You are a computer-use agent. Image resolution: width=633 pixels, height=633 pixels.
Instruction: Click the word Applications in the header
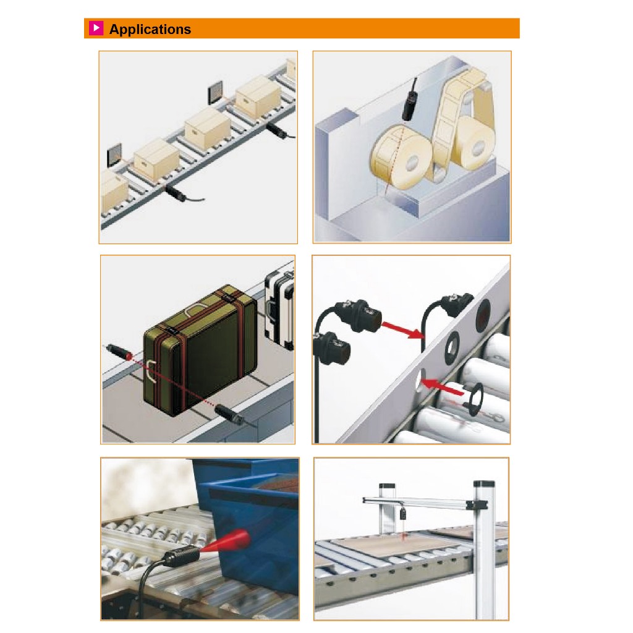click(150, 29)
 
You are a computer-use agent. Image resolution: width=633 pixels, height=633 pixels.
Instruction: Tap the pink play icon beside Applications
click(96, 28)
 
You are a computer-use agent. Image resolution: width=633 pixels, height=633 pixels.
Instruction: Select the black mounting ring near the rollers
click(475, 399)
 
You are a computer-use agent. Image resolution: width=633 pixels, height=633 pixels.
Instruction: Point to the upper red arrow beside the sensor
click(402, 329)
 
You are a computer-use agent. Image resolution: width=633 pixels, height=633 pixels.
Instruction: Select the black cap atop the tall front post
click(483, 483)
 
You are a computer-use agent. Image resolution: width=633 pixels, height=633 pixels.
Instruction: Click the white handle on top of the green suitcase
click(195, 310)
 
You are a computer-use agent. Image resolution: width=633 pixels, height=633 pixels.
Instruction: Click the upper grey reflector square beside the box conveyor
click(216, 92)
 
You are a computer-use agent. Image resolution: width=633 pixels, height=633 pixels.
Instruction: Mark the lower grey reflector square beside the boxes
click(114, 155)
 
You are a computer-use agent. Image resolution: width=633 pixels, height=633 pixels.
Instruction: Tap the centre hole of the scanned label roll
click(412, 163)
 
